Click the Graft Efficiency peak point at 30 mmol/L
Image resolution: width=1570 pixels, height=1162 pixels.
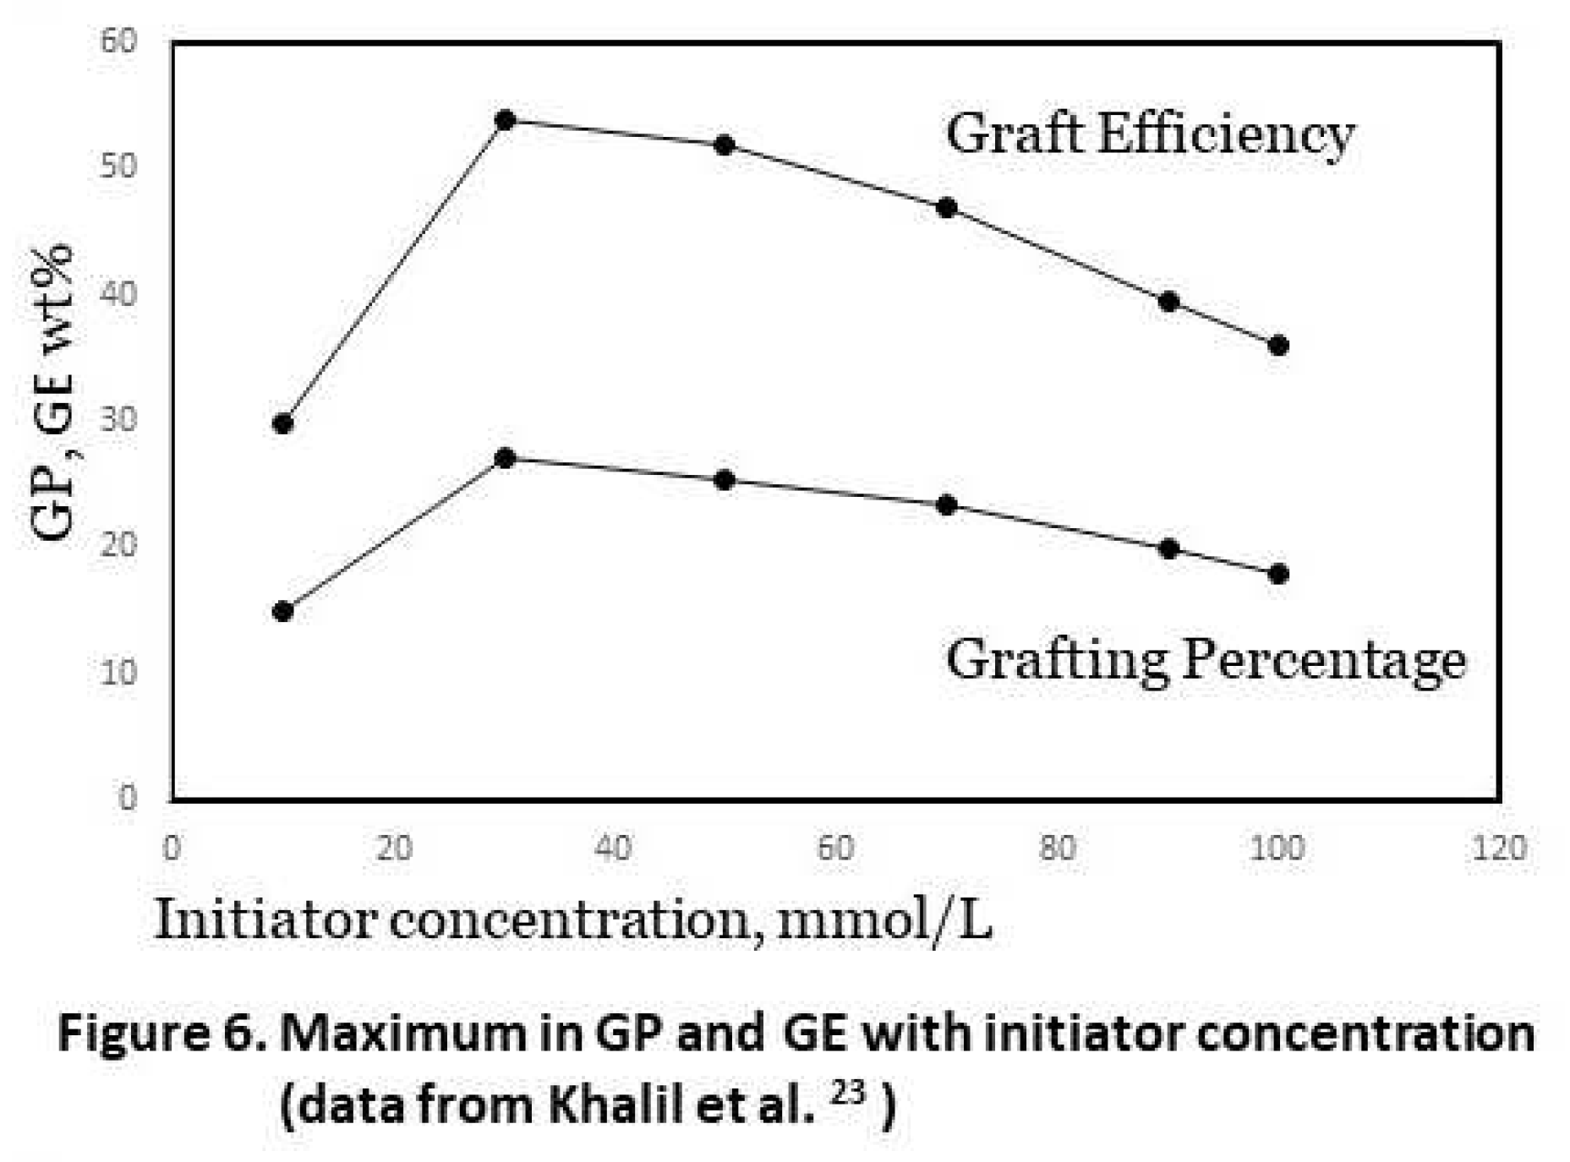505,121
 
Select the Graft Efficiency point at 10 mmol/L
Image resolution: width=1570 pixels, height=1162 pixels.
283,423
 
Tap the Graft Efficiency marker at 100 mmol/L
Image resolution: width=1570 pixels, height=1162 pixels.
1278,346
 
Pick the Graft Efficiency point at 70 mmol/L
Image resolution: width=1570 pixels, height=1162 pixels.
947,208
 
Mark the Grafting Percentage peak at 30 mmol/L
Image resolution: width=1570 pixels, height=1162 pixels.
505,459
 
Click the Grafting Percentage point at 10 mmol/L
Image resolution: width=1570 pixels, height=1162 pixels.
283,611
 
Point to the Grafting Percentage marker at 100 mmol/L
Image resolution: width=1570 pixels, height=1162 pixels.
1278,575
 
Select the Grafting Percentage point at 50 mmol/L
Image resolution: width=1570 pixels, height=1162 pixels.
725,480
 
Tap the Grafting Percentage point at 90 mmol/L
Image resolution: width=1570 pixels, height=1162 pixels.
1168,549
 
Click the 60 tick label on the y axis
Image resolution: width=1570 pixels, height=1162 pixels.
118,41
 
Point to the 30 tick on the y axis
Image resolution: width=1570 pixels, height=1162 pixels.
118,418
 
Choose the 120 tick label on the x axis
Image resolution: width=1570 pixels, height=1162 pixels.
1499,848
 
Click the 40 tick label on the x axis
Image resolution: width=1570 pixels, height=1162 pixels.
613,848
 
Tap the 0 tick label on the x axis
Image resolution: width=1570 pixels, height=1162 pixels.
172,848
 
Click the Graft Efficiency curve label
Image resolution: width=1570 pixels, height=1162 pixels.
1150,135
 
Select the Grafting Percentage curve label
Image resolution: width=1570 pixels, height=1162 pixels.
1206,660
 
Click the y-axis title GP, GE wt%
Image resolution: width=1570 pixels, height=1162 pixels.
52,393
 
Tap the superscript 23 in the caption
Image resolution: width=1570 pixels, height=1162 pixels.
848,1093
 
